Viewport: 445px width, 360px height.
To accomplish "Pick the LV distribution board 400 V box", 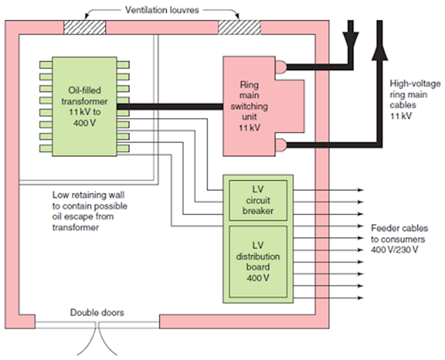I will click(x=257, y=262).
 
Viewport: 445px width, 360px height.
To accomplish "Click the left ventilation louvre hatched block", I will click(x=85, y=26).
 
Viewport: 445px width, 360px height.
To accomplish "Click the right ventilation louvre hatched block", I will click(x=238, y=26).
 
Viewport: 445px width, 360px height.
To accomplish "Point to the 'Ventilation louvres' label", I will click(x=161, y=10).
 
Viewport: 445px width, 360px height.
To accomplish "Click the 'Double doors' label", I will click(x=97, y=313).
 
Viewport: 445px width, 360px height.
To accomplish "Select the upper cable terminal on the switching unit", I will click(x=280, y=67).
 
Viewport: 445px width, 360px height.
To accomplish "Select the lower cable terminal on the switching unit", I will click(x=280, y=145).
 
